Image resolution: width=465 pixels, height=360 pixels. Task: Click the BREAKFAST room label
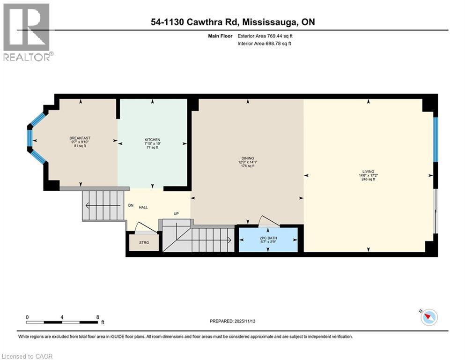tap(79, 138)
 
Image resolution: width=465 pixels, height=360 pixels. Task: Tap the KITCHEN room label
tap(152, 140)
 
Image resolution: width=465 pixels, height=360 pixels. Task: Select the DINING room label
tap(248, 158)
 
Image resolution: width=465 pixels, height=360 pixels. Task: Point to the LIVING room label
tap(368, 172)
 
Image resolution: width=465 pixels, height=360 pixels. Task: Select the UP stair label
tap(176, 214)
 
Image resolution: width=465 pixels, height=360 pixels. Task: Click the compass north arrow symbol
tap(429, 318)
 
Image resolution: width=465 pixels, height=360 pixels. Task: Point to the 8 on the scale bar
tap(97, 317)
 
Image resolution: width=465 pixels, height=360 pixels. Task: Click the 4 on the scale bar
tap(62, 317)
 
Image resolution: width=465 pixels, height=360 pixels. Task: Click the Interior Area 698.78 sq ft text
tap(264, 44)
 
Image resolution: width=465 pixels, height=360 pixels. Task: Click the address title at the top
tap(232, 22)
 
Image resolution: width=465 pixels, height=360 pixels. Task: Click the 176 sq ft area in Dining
tap(248, 166)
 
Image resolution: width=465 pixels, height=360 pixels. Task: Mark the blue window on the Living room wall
tap(435, 139)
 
